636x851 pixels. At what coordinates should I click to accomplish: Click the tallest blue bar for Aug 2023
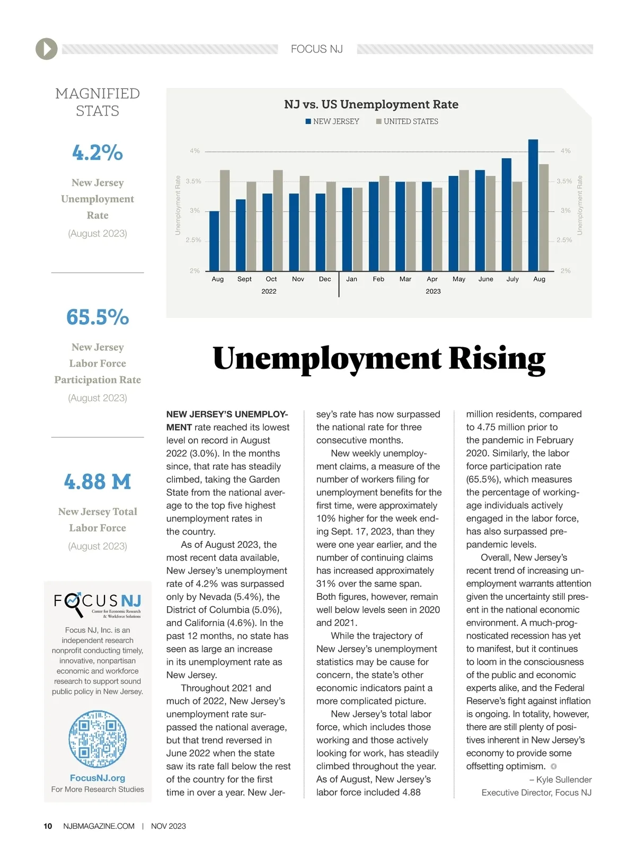(x=533, y=205)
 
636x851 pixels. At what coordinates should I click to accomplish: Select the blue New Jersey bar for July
(x=507, y=215)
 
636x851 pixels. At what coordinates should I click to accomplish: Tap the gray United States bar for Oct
(x=278, y=220)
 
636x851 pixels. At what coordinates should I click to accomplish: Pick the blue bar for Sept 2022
(x=241, y=235)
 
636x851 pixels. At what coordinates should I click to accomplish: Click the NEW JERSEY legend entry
(x=332, y=121)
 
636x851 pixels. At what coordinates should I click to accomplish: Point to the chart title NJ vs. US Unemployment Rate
(x=371, y=104)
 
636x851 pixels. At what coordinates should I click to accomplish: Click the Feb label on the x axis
(x=378, y=279)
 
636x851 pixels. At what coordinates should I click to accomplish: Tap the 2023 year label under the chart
(x=433, y=291)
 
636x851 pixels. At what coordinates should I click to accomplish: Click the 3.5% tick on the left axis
(x=193, y=181)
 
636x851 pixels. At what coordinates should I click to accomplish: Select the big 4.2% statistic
(x=98, y=153)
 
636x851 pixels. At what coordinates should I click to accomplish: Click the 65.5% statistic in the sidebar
(x=98, y=317)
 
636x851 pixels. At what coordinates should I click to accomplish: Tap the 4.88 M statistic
(x=98, y=482)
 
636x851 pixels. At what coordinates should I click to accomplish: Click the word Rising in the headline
(x=497, y=359)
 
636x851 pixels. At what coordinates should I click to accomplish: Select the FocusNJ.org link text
(x=98, y=778)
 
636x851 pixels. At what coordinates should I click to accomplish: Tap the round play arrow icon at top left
(x=47, y=49)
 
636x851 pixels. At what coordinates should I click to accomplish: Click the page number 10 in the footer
(x=48, y=826)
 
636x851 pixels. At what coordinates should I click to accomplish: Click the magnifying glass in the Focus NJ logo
(x=74, y=603)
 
